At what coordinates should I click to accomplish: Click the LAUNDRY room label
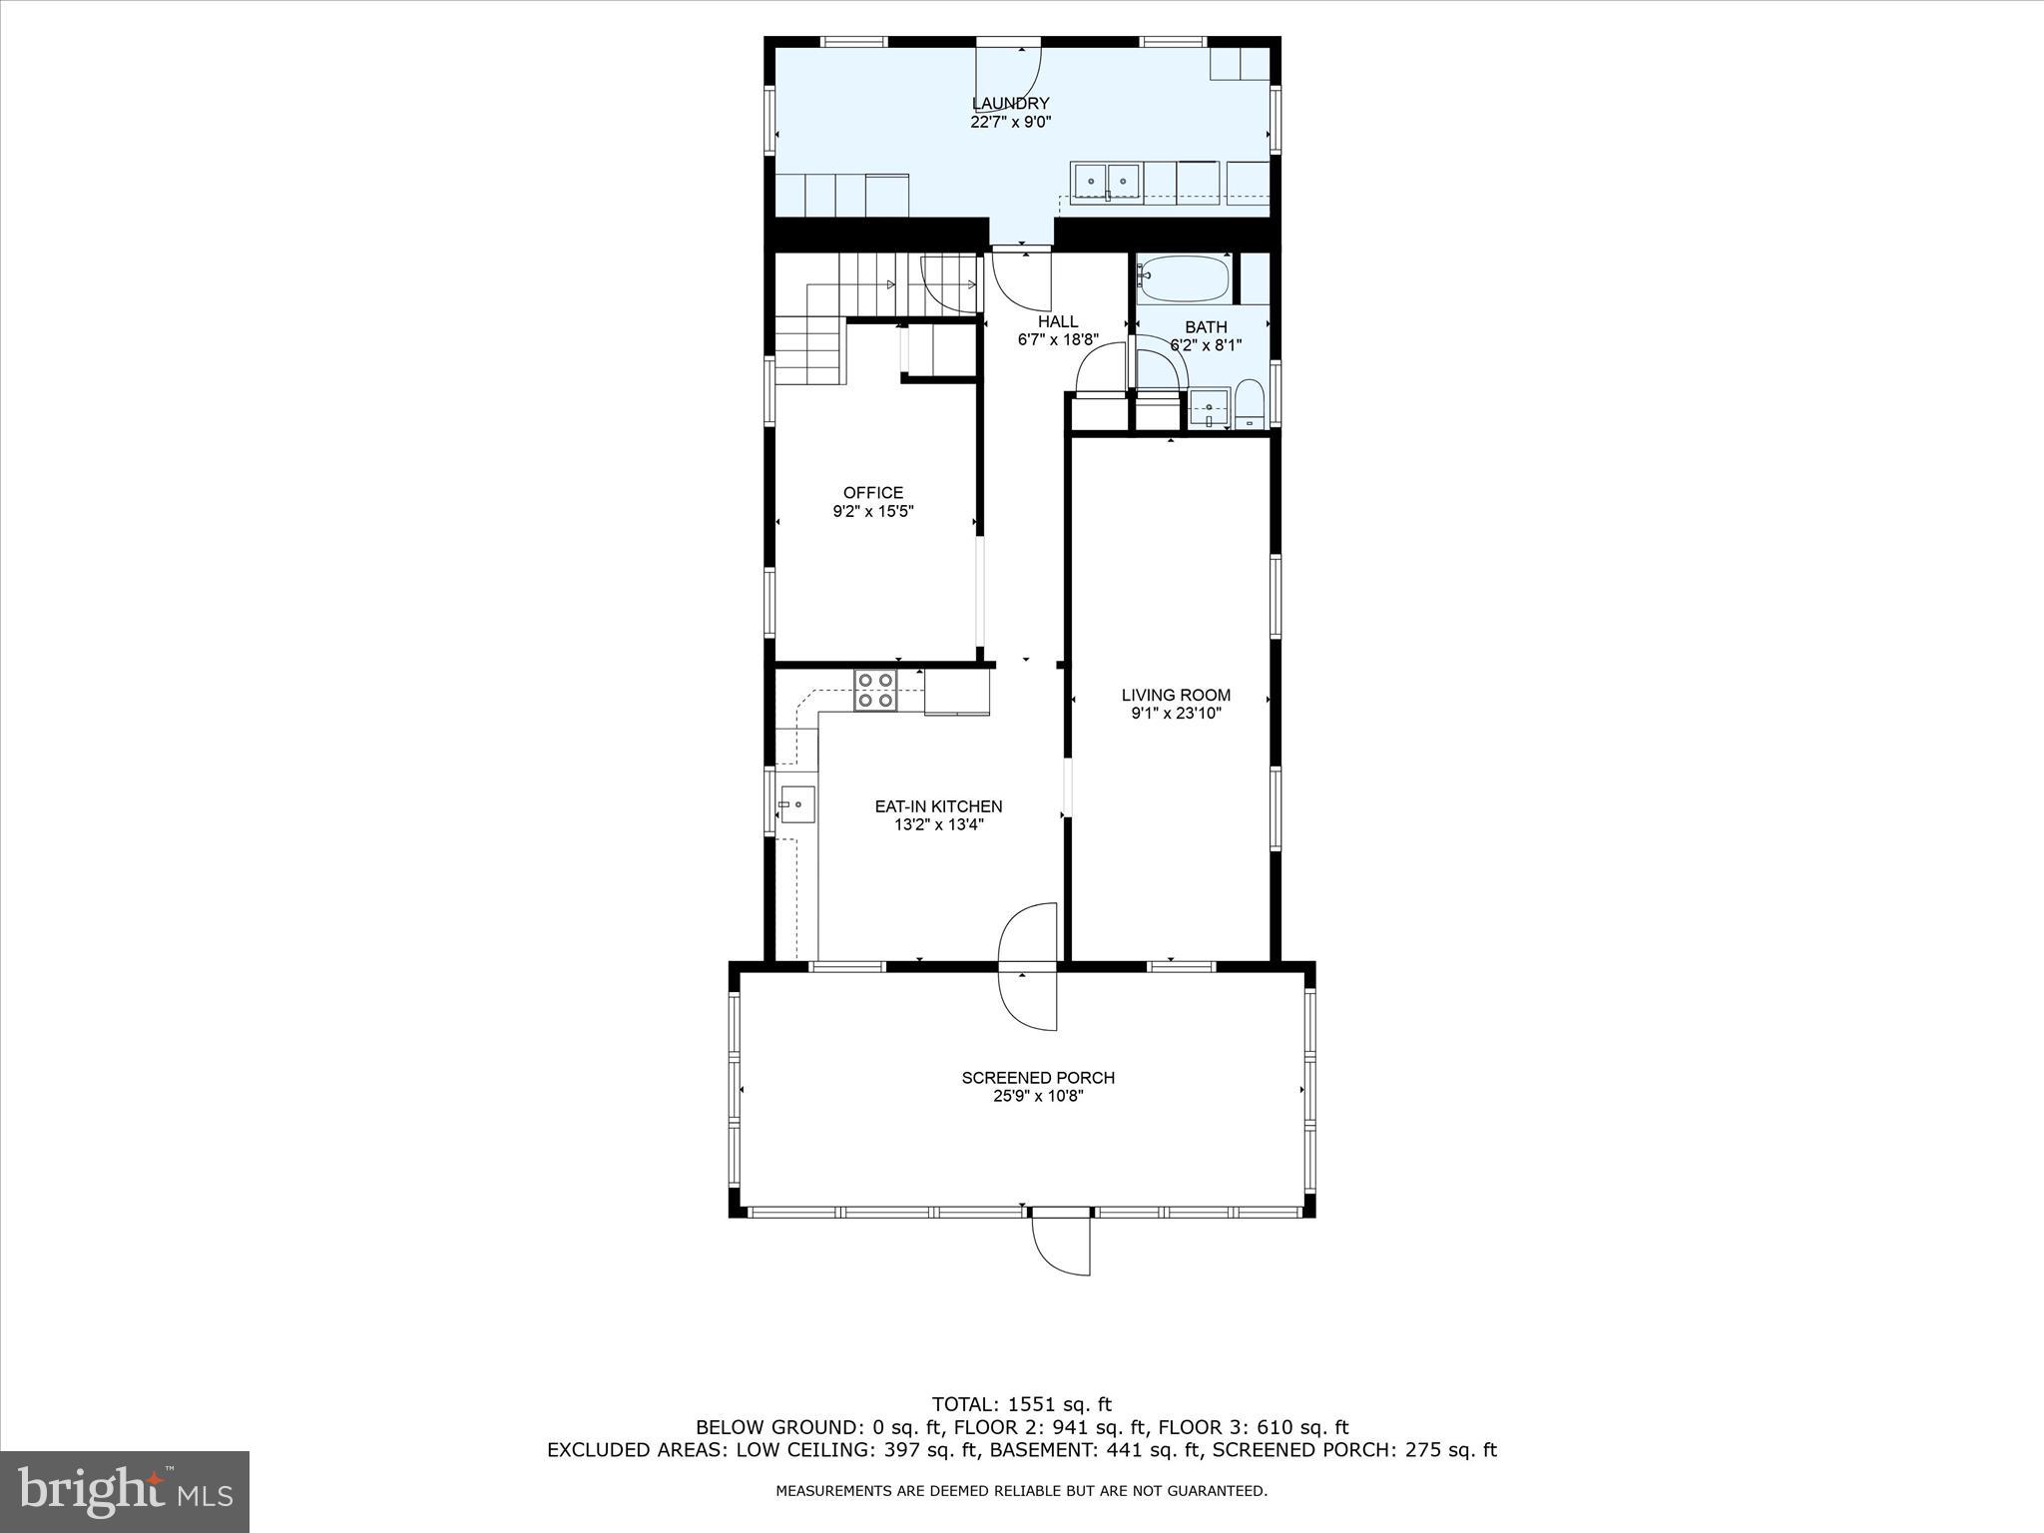click(x=1010, y=103)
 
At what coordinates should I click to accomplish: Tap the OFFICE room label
click(x=872, y=492)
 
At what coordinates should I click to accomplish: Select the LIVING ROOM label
click(x=1176, y=695)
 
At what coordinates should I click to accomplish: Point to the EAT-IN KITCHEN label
click(x=938, y=806)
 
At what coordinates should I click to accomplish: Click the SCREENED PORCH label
click(x=1038, y=1077)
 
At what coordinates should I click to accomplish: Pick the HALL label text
click(x=1057, y=321)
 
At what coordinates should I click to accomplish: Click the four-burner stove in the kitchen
click(x=875, y=691)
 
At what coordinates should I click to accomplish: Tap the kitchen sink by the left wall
click(x=797, y=803)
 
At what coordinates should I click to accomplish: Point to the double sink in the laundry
click(x=1108, y=182)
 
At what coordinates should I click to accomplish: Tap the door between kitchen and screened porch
click(x=1028, y=966)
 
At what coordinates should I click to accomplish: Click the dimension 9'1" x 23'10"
click(x=1176, y=714)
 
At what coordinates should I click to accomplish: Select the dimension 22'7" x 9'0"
click(x=1010, y=122)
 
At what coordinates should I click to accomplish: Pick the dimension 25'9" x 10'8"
click(x=1038, y=1096)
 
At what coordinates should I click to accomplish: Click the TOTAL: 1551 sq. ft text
click(x=1021, y=1404)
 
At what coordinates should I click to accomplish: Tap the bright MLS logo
click(x=125, y=1492)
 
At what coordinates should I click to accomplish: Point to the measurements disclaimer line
click(x=1021, y=1491)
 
